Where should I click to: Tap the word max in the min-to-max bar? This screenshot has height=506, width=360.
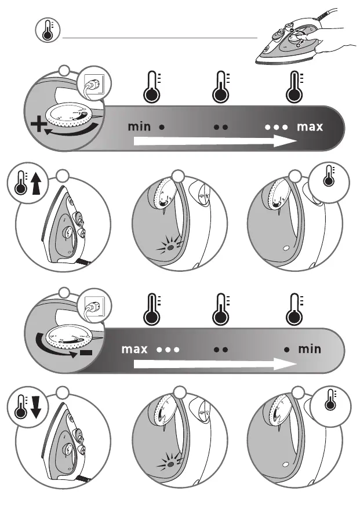310,126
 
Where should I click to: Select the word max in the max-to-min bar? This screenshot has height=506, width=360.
134,350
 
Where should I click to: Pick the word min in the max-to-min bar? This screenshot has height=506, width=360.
310,350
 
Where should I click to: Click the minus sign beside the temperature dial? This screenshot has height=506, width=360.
86,352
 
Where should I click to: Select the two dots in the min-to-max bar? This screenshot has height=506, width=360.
220,126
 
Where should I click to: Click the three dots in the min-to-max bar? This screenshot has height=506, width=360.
277,126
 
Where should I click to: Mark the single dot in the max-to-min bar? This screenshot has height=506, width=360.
286,350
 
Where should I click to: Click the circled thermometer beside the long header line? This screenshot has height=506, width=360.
47,31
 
